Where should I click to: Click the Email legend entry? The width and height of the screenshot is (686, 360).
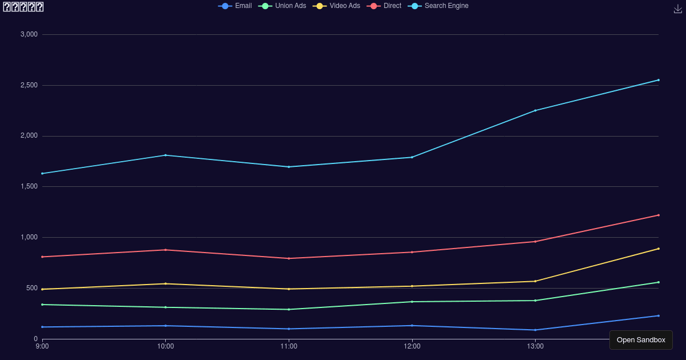coord(235,6)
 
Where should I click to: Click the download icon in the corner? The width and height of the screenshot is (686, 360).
coord(678,9)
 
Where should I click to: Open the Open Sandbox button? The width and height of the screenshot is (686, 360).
coord(641,340)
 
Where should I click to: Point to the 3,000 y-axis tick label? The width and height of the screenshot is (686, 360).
coord(29,34)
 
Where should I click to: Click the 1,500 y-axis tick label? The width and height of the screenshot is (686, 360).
coord(29,187)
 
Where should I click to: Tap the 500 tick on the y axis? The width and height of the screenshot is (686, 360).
coord(31,288)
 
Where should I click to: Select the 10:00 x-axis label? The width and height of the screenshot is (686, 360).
coord(165,346)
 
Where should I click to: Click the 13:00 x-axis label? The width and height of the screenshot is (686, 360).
coord(535,346)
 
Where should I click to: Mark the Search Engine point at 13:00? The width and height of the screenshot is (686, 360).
coord(535,110)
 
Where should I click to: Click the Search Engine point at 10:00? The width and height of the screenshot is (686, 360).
coord(165,155)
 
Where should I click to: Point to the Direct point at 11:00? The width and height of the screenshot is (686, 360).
coord(289,258)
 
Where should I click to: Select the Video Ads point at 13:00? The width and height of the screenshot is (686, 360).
coord(535,281)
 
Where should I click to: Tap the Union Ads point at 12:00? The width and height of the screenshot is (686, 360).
coord(412,302)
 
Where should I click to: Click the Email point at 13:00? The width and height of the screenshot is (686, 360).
coord(535,330)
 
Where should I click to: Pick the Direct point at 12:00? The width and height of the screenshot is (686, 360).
coord(412,252)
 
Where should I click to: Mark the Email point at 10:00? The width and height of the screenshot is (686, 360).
coord(165,326)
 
